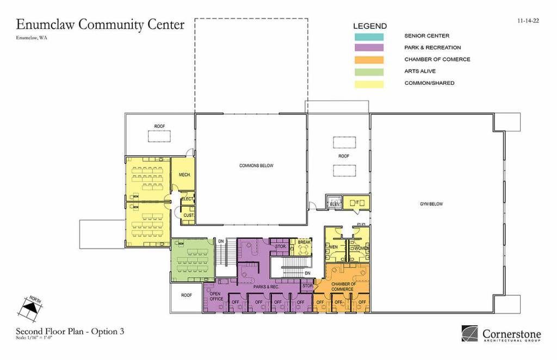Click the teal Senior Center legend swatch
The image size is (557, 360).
pos(368,36)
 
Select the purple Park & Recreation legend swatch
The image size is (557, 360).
pos(368,48)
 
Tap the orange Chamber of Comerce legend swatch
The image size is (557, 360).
pos(368,60)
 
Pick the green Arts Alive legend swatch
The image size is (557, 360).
pos(368,72)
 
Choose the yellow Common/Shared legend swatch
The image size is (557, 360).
pos(368,84)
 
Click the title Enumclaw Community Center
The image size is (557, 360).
pos(101,25)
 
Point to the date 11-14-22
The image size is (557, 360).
pos(528,21)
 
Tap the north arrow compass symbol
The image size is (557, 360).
pos(28,308)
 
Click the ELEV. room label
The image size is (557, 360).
pos(334,204)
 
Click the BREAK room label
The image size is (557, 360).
pos(304,243)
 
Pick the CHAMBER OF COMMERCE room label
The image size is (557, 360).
pos(343,287)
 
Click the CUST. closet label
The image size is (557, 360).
pos(188,215)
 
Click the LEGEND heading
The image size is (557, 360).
pos(370,26)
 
